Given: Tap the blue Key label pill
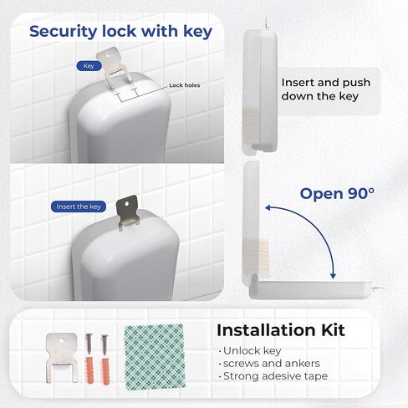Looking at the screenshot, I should click(89, 64).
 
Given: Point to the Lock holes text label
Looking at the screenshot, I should click(186, 85).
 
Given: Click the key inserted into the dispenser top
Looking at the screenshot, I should click(128, 211).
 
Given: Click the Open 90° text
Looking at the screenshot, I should click(337, 194).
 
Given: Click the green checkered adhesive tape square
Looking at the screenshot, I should click(155, 354).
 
